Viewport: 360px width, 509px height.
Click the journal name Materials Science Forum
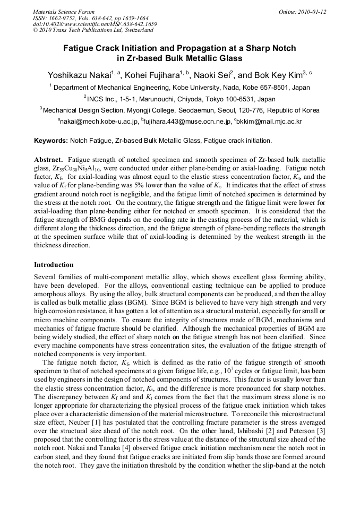(64, 12)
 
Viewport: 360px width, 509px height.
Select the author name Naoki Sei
(211, 75)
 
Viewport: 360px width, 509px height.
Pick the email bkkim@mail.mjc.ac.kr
(262, 122)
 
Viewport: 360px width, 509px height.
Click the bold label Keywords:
(51, 141)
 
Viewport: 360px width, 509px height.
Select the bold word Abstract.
(49, 159)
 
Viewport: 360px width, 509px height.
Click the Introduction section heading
(54, 264)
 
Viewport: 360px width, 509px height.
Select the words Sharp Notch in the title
(271, 48)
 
